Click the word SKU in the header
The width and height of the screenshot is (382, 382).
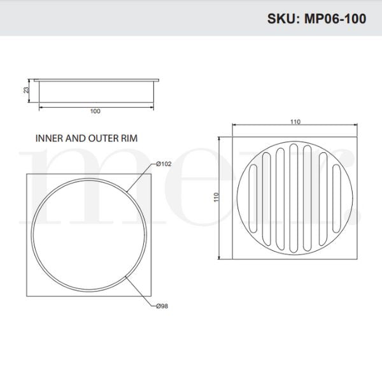pyautogui.click(x=281, y=18)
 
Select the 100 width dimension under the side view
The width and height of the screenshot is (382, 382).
pyautogui.click(x=95, y=111)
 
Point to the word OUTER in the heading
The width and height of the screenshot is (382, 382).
pyautogui.click(x=97, y=137)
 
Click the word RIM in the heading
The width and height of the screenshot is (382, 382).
pyautogui.click(x=127, y=137)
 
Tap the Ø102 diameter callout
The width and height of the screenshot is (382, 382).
pyautogui.click(x=164, y=164)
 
